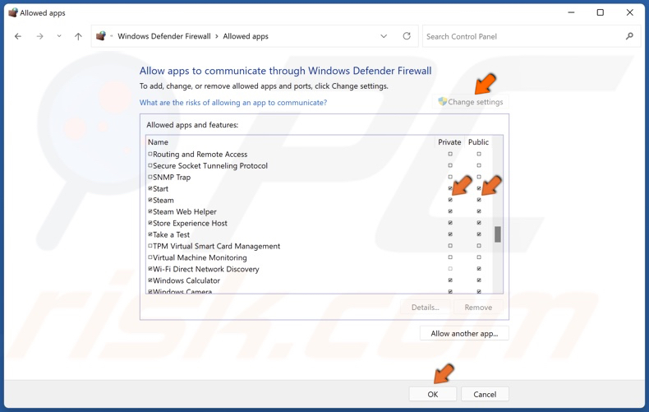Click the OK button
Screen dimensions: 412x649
coord(432,394)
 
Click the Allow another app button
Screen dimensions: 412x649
coord(464,333)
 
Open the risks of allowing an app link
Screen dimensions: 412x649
coord(233,103)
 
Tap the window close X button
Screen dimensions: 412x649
coord(630,12)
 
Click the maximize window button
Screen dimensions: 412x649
coord(600,12)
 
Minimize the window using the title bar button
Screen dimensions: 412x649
coord(570,12)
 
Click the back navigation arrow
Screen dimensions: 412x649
coord(18,36)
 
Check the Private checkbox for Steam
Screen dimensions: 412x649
coord(450,200)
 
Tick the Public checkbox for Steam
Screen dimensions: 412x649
coord(479,200)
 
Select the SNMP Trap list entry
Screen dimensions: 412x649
coord(172,177)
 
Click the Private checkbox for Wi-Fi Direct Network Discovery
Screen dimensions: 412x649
coord(450,269)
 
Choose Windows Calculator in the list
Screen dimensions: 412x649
coord(186,280)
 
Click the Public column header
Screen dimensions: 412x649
coord(478,142)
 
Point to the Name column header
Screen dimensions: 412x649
coord(158,142)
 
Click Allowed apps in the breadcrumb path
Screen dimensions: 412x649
coord(246,36)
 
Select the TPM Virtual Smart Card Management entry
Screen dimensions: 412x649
coord(216,246)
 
